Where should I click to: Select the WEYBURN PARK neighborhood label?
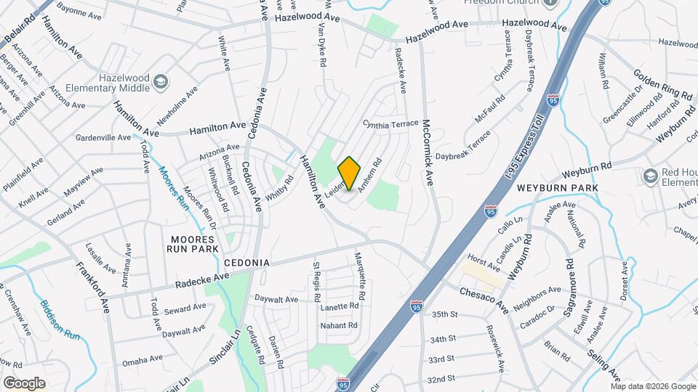[557, 188]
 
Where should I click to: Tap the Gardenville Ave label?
[103, 136]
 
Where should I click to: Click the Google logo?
[24, 383]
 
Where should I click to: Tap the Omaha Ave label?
[143, 359]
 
